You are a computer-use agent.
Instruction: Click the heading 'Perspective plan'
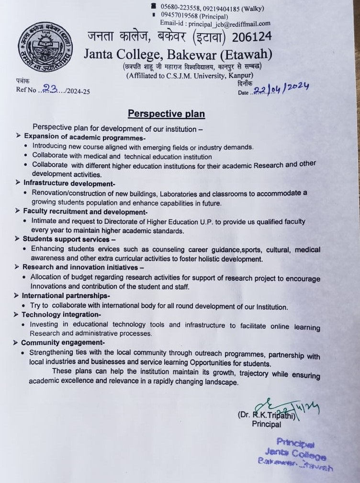pos(166,114)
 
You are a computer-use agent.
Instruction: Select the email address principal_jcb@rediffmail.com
pos(230,23)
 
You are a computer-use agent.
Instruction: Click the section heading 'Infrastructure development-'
pos(67,183)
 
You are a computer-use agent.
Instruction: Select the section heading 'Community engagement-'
pos(63,343)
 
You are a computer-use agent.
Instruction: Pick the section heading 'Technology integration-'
pos(61,314)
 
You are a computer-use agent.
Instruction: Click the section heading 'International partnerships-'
pos(66,296)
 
